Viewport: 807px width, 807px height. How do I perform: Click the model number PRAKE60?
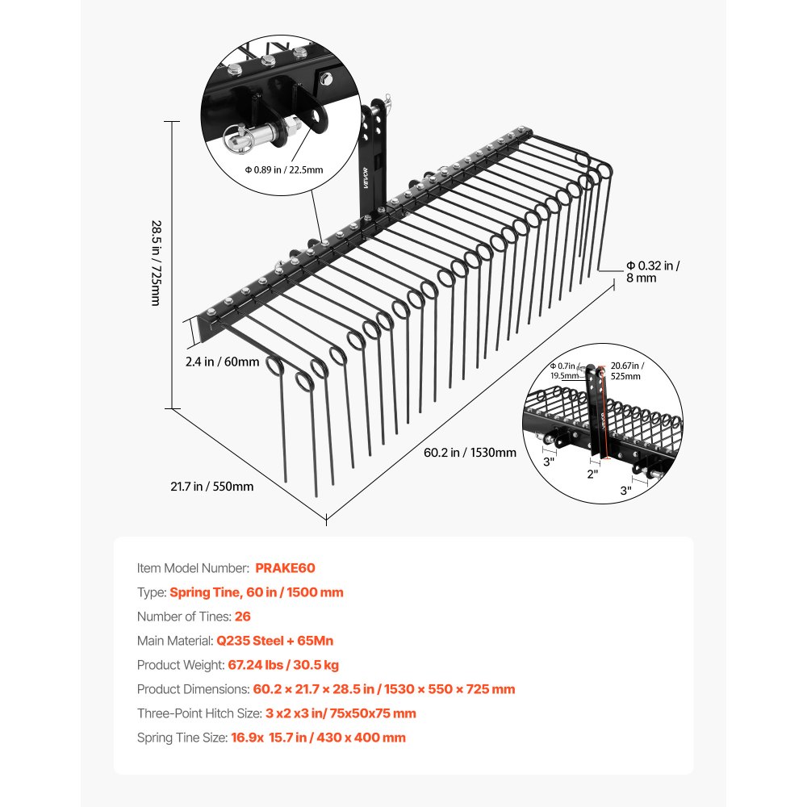pos(285,568)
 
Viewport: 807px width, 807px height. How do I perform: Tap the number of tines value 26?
pos(242,617)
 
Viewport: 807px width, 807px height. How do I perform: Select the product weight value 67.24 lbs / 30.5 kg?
pos(283,665)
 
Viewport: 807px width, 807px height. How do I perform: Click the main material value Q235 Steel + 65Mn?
pos(275,641)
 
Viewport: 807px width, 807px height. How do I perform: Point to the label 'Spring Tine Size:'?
pos(182,738)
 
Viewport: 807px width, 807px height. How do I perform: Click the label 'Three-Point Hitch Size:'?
pos(199,713)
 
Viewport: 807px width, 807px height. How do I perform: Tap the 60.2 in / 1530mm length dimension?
pos(470,453)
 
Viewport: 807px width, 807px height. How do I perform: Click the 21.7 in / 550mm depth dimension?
pos(212,487)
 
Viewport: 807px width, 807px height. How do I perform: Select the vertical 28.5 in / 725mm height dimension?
pos(157,263)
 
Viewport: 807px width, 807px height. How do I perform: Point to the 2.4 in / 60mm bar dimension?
pos(223,362)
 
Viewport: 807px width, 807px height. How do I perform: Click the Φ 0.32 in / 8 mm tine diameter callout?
pos(653,272)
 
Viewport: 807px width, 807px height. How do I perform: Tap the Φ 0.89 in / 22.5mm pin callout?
pos(283,169)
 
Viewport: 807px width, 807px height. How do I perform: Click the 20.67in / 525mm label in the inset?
pos(627,370)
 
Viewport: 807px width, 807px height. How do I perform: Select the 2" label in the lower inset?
pos(592,474)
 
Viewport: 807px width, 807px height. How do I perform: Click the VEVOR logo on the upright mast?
pos(366,178)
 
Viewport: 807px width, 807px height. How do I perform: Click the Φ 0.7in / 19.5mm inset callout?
pos(564,370)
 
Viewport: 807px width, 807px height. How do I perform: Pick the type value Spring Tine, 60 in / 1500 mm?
pos(257,592)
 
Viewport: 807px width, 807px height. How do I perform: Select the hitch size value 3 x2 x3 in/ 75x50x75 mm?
pos(341,713)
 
